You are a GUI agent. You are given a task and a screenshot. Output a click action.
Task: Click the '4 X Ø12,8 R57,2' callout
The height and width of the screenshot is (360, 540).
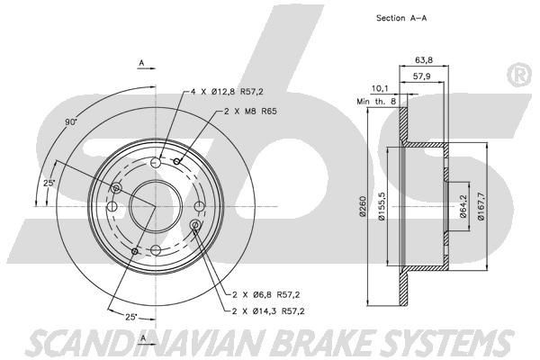click(233, 91)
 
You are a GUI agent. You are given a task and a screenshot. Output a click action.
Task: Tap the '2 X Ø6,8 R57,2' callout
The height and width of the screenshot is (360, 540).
click(268, 294)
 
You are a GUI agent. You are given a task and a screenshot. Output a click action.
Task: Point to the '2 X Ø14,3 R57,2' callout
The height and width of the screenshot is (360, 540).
click(271, 311)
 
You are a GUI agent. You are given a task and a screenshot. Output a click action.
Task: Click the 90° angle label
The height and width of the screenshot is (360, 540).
click(71, 121)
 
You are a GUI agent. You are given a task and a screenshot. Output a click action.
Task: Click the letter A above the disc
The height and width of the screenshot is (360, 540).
click(141, 62)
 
